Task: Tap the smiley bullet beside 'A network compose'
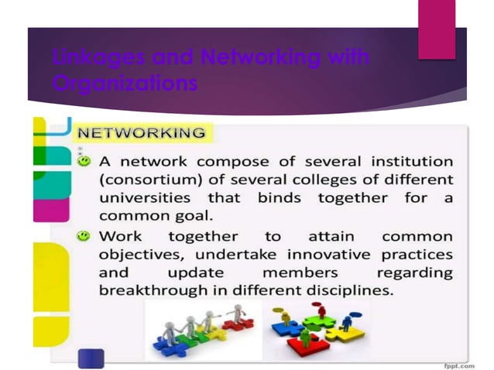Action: coord(85,162)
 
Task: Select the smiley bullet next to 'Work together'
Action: coord(85,234)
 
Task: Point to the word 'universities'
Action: coord(145,198)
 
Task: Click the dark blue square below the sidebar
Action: coord(91,358)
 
